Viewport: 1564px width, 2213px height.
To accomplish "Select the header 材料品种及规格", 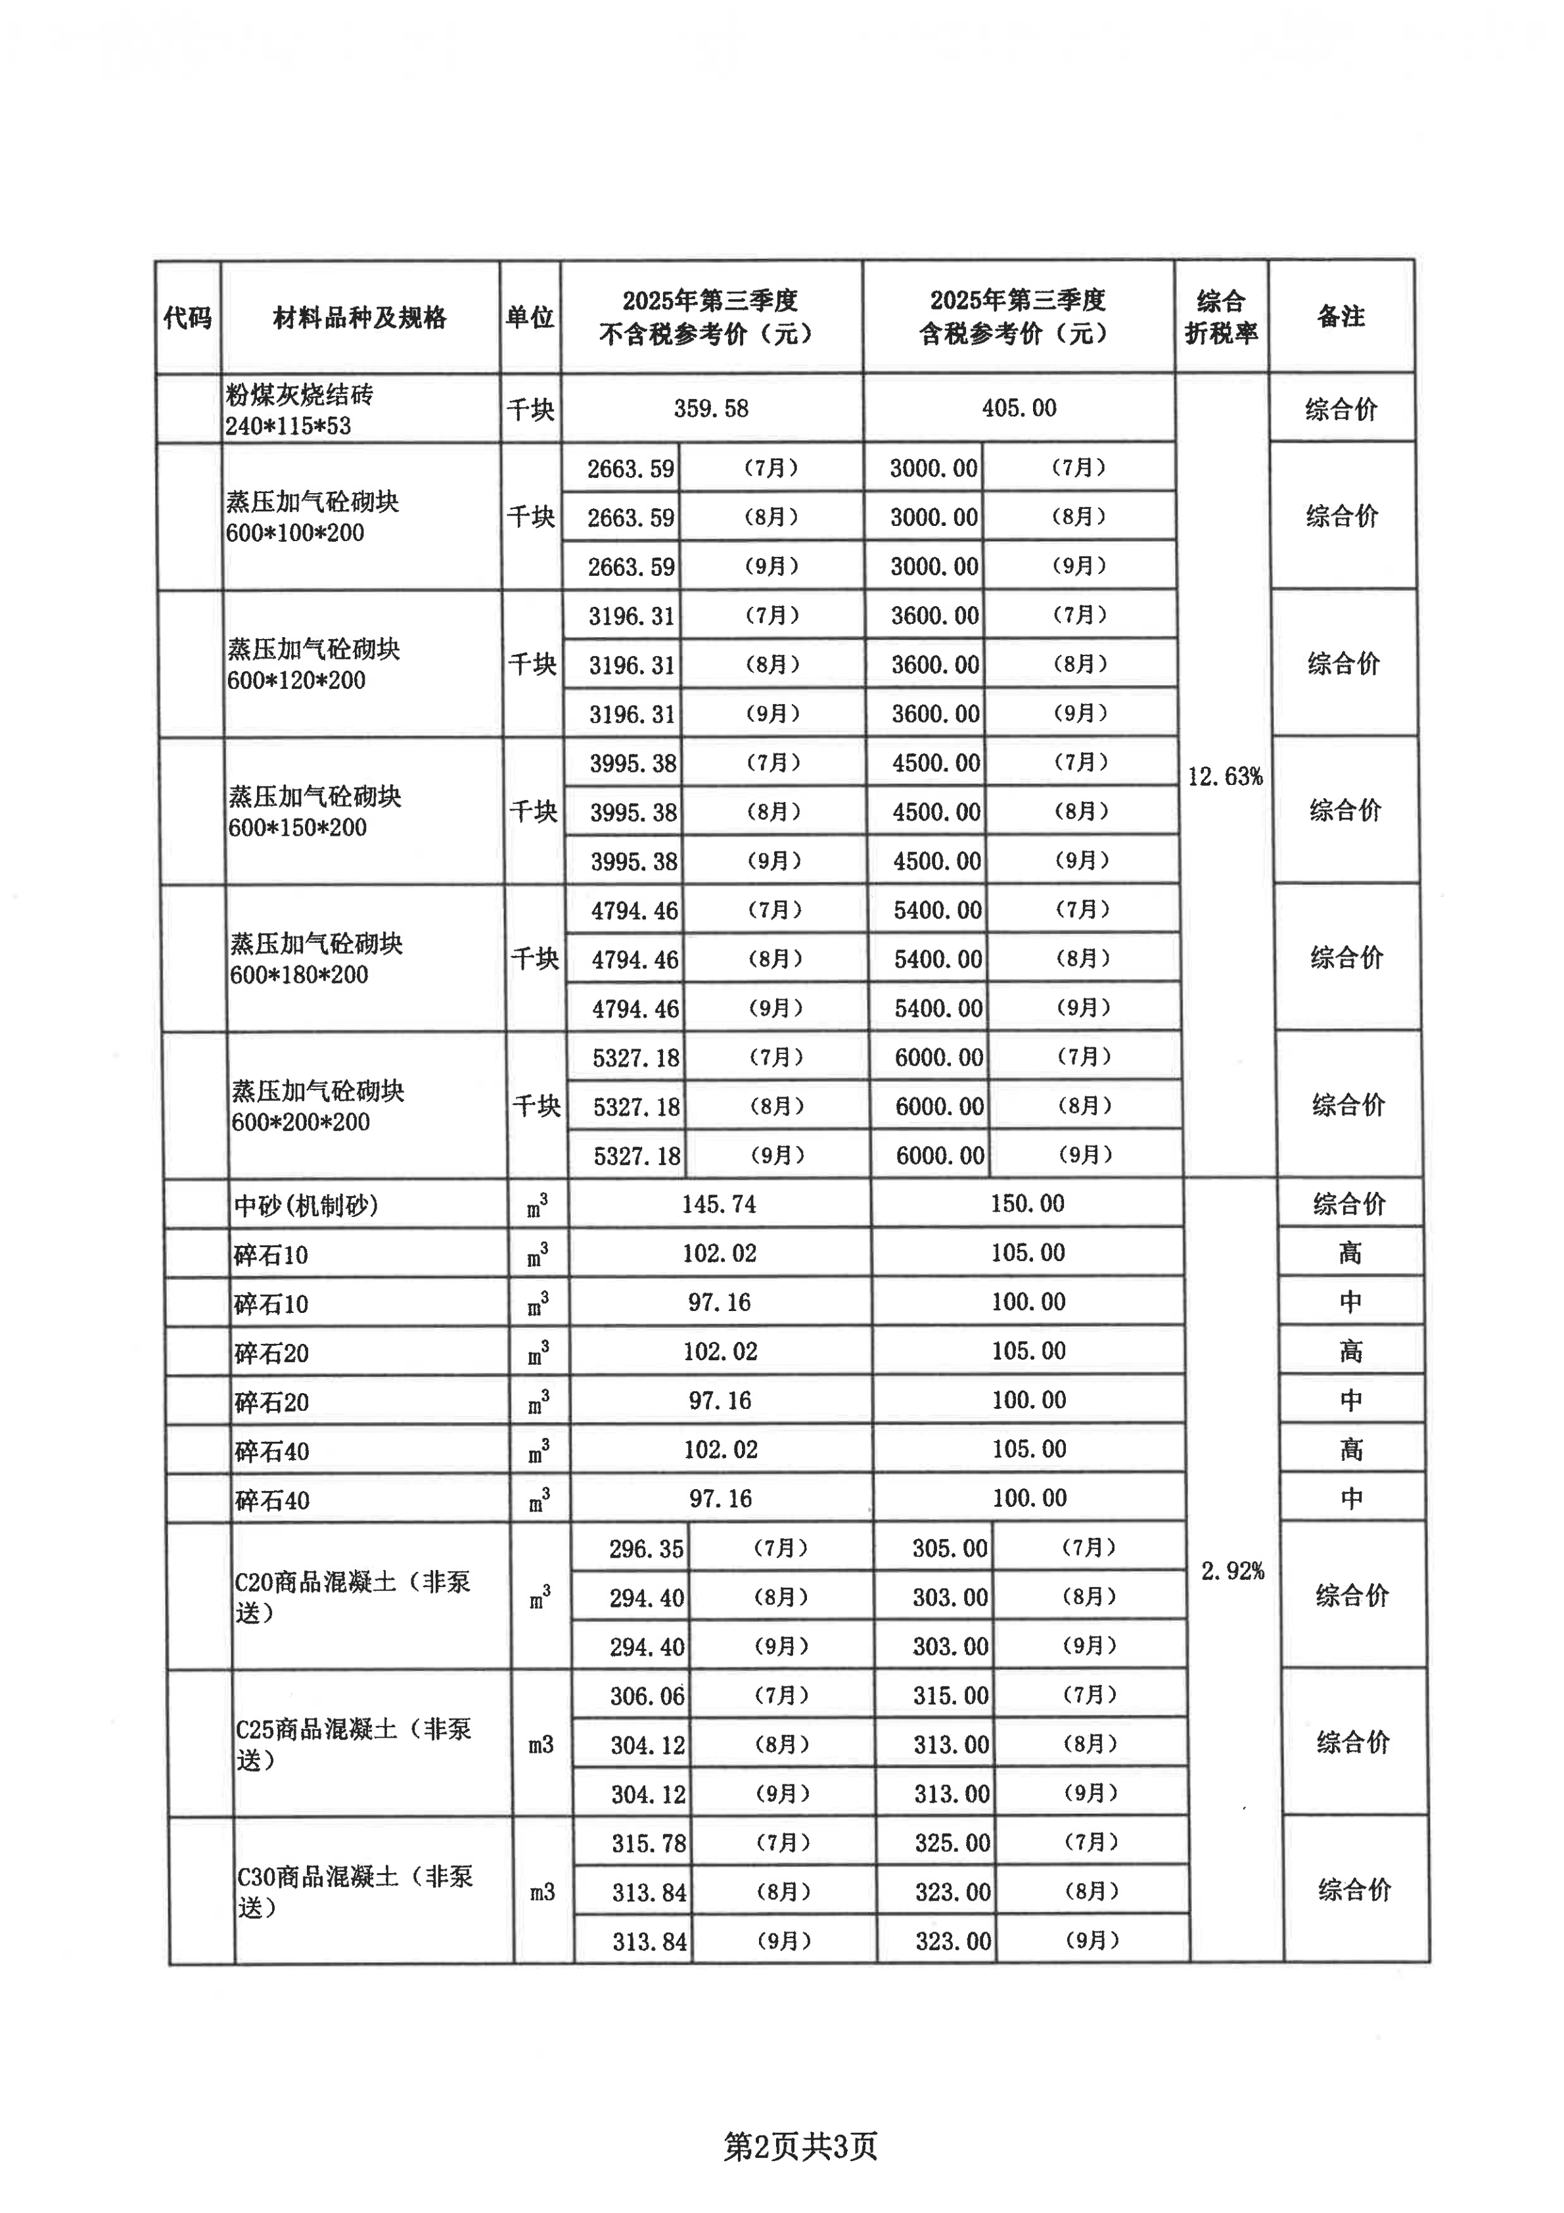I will pos(359,317).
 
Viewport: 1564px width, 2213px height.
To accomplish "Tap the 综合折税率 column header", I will pos(1221,317).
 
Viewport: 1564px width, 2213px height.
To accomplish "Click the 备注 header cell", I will pos(1341,317).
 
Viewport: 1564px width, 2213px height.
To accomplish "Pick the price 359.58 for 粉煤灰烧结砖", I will pos(711,409).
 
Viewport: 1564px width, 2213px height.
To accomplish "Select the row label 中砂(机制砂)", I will pos(306,1206).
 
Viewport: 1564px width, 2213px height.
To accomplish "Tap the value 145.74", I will pos(719,1205).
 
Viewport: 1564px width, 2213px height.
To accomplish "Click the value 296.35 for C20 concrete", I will pos(646,1550).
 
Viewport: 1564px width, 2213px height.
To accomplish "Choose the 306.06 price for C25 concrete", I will pos(647,1696).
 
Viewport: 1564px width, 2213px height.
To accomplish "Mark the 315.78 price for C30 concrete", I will pos(649,1844).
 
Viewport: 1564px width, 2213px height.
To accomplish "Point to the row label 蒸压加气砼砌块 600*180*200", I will pos(316,959).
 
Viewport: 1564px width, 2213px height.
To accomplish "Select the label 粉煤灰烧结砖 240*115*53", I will pos(299,410).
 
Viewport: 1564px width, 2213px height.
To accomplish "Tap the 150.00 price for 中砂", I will pos(1027,1204).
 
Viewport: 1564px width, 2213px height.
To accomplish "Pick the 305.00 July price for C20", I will pos(949,1549).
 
